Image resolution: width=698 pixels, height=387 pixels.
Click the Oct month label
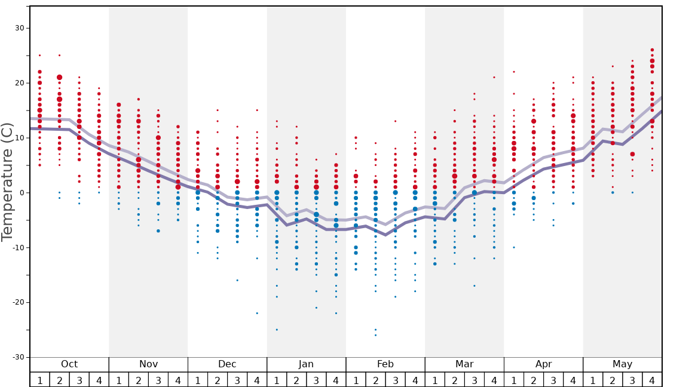tap(69, 364)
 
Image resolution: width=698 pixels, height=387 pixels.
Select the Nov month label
tap(148, 364)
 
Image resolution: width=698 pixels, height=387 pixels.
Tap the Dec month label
tap(227, 364)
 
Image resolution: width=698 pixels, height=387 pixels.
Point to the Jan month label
tap(306, 364)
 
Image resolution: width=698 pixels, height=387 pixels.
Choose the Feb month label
tap(385, 364)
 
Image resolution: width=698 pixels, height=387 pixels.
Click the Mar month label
tap(464, 364)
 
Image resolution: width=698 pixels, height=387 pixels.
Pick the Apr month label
tap(543, 364)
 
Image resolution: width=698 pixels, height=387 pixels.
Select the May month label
tap(622, 364)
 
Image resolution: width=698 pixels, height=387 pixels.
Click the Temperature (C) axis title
tap(7, 182)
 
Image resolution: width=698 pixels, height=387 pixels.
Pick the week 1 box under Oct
tap(39, 380)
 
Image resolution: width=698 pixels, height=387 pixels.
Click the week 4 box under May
tap(652, 380)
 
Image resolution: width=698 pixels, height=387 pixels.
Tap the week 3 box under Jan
tap(316, 380)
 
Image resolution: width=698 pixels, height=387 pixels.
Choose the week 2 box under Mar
tap(454, 380)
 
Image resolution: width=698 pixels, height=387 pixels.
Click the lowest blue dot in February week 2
tap(375, 335)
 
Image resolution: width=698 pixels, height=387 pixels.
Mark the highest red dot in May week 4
tap(652, 50)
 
